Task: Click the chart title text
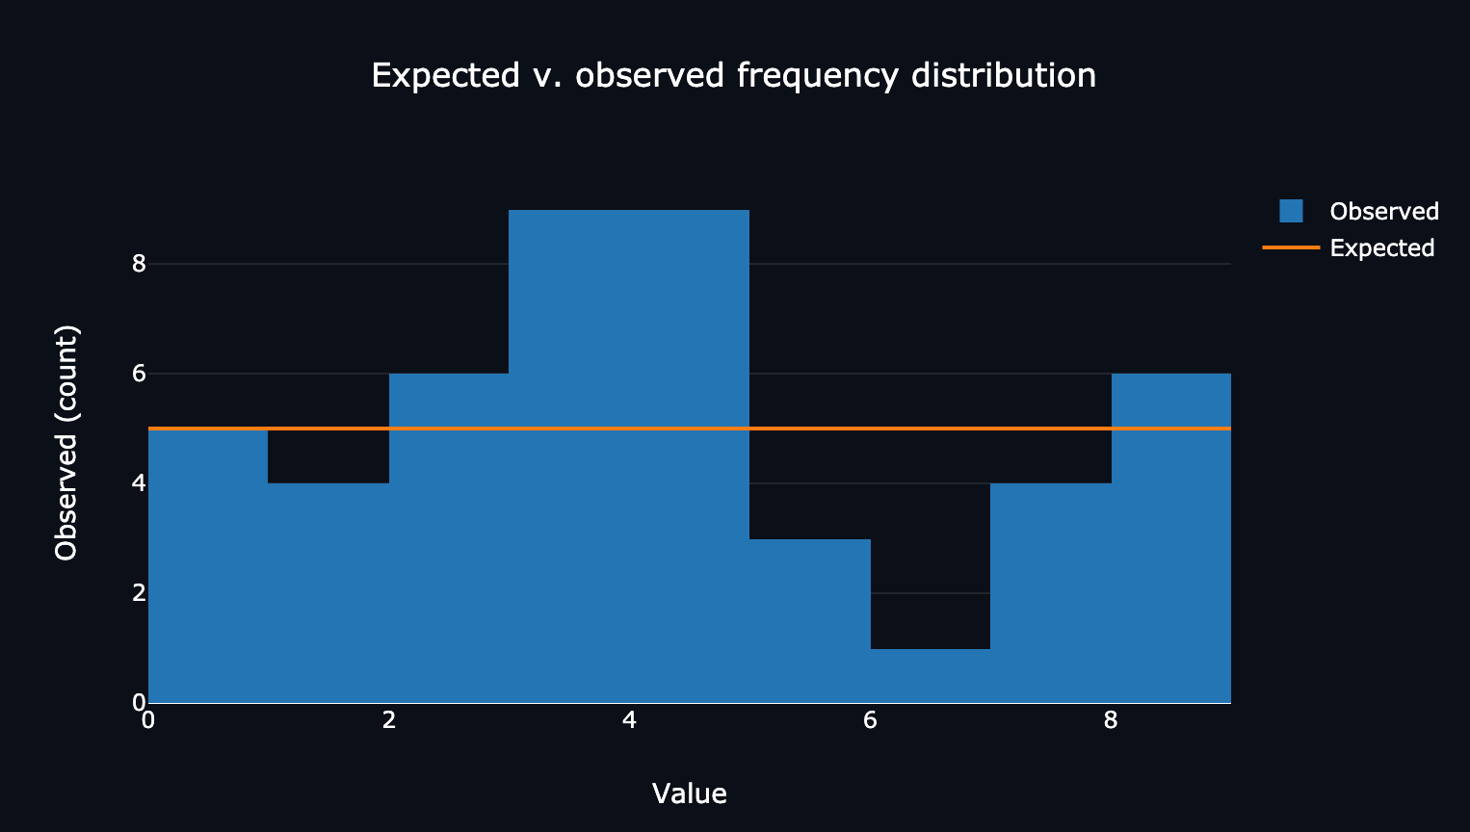pos(733,75)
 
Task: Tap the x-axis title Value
pos(689,793)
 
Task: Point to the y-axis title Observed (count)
pos(66,442)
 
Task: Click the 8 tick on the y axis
pos(140,263)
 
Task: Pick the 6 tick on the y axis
pos(140,373)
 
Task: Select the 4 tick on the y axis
pos(140,482)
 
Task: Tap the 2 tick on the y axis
pos(140,592)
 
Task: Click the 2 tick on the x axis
pos(389,720)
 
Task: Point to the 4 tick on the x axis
pos(629,720)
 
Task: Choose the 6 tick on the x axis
pos(870,720)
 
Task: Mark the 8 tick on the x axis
pos(1111,720)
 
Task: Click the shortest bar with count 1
pos(931,676)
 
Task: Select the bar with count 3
pos(810,621)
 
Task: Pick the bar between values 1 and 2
pos(328,593)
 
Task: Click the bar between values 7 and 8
pos(1051,593)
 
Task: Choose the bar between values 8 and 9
pos(1171,538)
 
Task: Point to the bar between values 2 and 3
pos(449,538)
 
